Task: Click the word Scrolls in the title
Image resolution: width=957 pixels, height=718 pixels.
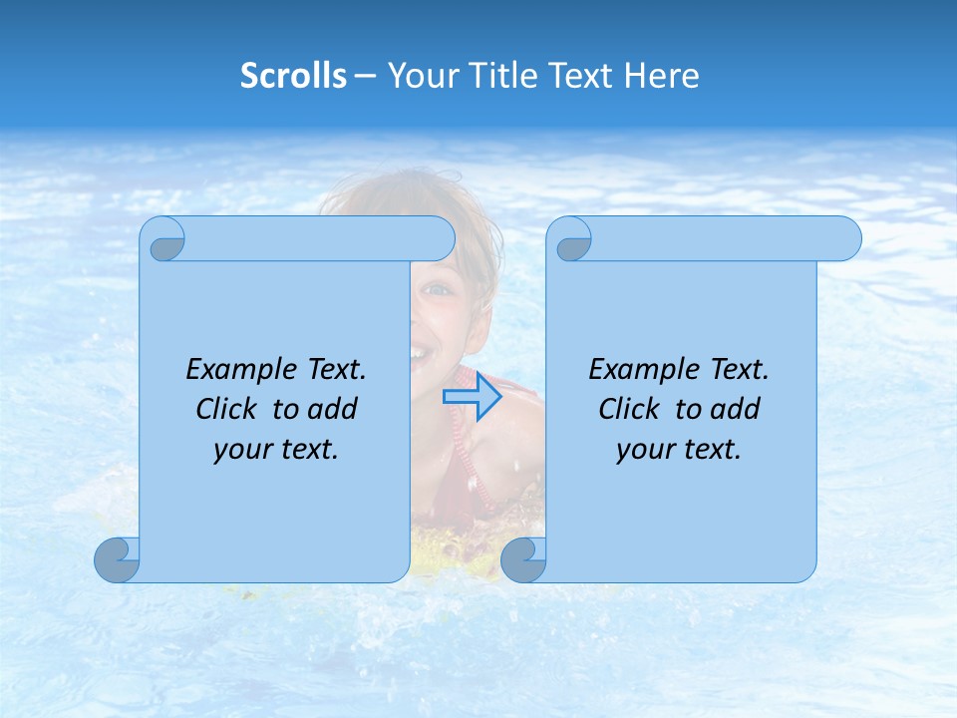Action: pyautogui.click(x=293, y=76)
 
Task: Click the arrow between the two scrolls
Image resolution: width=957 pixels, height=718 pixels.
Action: pyautogui.click(x=472, y=397)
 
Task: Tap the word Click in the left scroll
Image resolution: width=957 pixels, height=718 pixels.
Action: pyautogui.click(x=230, y=409)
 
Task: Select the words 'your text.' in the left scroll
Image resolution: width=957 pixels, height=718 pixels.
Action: pyautogui.click(x=276, y=450)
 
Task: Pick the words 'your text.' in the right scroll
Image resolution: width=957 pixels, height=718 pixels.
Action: pyautogui.click(x=679, y=450)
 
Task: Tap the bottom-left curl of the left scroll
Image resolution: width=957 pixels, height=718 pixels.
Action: pyautogui.click(x=118, y=559)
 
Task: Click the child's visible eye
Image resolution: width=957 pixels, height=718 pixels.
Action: pyautogui.click(x=437, y=289)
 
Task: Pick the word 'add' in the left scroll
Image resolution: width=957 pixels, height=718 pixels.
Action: pyautogui.click(x=333, y=409)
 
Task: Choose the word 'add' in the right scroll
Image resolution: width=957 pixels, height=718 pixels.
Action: pyautogui.click(x=736, y=409)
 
